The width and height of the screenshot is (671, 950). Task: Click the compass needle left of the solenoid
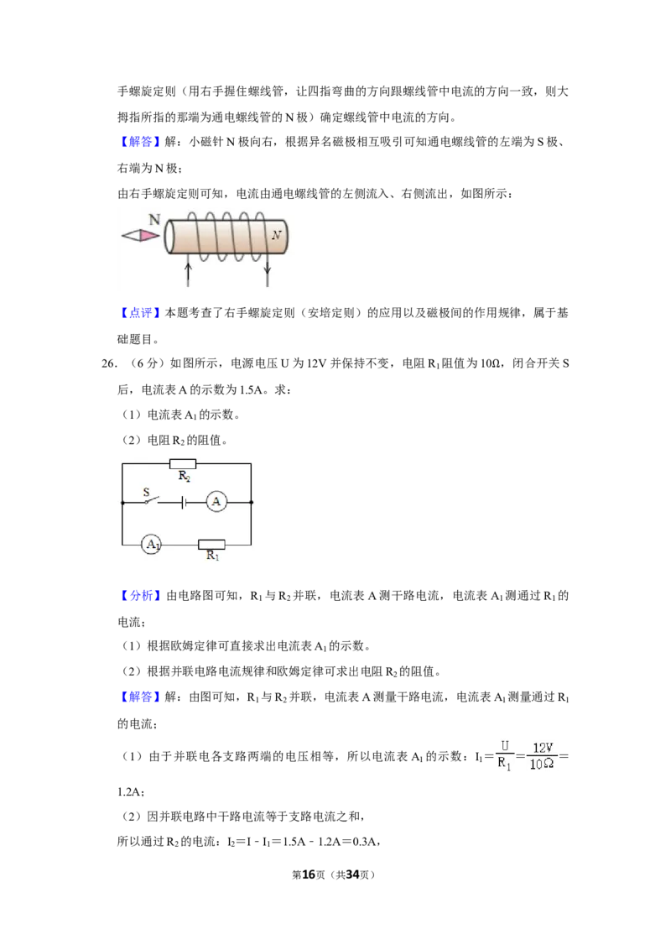point(141,235)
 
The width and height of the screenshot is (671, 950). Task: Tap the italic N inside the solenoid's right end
point(276,235)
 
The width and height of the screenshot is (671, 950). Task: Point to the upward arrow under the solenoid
point(189,274)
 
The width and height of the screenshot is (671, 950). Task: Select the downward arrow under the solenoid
point(267,274)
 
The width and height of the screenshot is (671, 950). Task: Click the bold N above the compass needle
point(154,219)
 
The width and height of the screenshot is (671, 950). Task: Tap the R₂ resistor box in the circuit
point(183,464)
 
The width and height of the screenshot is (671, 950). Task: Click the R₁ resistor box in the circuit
point(212,544)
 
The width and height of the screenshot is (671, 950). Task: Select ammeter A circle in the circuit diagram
point(216,502)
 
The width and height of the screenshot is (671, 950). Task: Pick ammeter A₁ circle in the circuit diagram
point(152,544)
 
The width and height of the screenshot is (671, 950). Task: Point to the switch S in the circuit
point(149,498)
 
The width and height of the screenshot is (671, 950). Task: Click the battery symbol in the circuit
point(184,502)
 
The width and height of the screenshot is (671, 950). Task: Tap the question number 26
point(108,363)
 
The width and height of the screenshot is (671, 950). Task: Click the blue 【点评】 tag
point(139,313)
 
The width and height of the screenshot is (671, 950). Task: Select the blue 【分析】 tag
point(140,596)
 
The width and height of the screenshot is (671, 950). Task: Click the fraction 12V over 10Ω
point(542,755)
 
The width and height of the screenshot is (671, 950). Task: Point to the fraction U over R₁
point(504,755)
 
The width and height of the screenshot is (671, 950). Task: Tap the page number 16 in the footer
point(309,874)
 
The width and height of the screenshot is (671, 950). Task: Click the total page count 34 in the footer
point(352,874)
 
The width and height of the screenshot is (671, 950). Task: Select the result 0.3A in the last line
point(365,842)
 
